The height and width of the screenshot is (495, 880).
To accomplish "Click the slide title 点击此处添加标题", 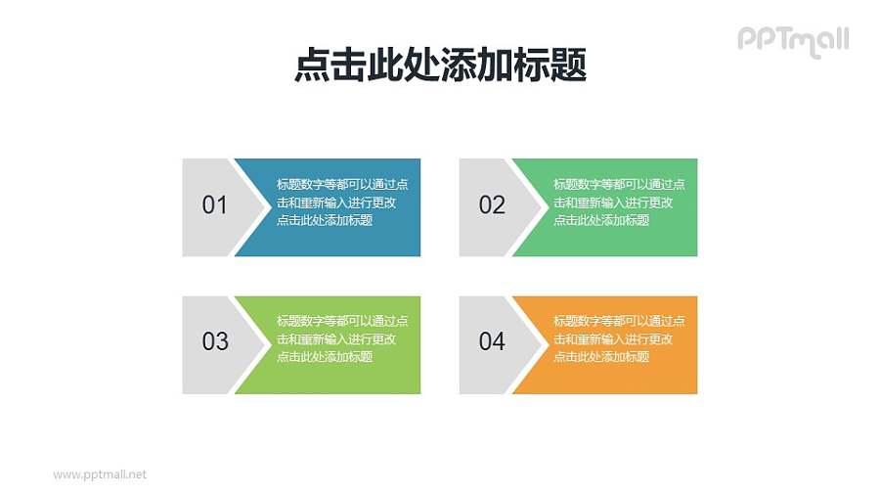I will [440, 67].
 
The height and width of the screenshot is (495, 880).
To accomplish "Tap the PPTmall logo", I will [792, 40].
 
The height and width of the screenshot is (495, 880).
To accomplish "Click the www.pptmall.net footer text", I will [99, 474].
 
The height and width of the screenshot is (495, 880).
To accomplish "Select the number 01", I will [214, 205].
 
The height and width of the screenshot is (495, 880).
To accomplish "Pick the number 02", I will [492, 205].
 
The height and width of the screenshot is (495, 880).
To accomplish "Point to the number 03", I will [214, 341].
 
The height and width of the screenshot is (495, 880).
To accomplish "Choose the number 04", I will [492, 341].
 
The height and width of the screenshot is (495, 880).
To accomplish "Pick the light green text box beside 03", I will [342, 377].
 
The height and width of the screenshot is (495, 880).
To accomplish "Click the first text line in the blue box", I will [342, 184].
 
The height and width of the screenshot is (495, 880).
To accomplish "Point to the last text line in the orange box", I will [600, 357].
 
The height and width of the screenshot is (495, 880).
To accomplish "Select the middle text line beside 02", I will [613, 202].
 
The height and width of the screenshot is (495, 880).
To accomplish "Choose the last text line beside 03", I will [324, 357].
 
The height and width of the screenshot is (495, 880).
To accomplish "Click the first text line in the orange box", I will [619, 321].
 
